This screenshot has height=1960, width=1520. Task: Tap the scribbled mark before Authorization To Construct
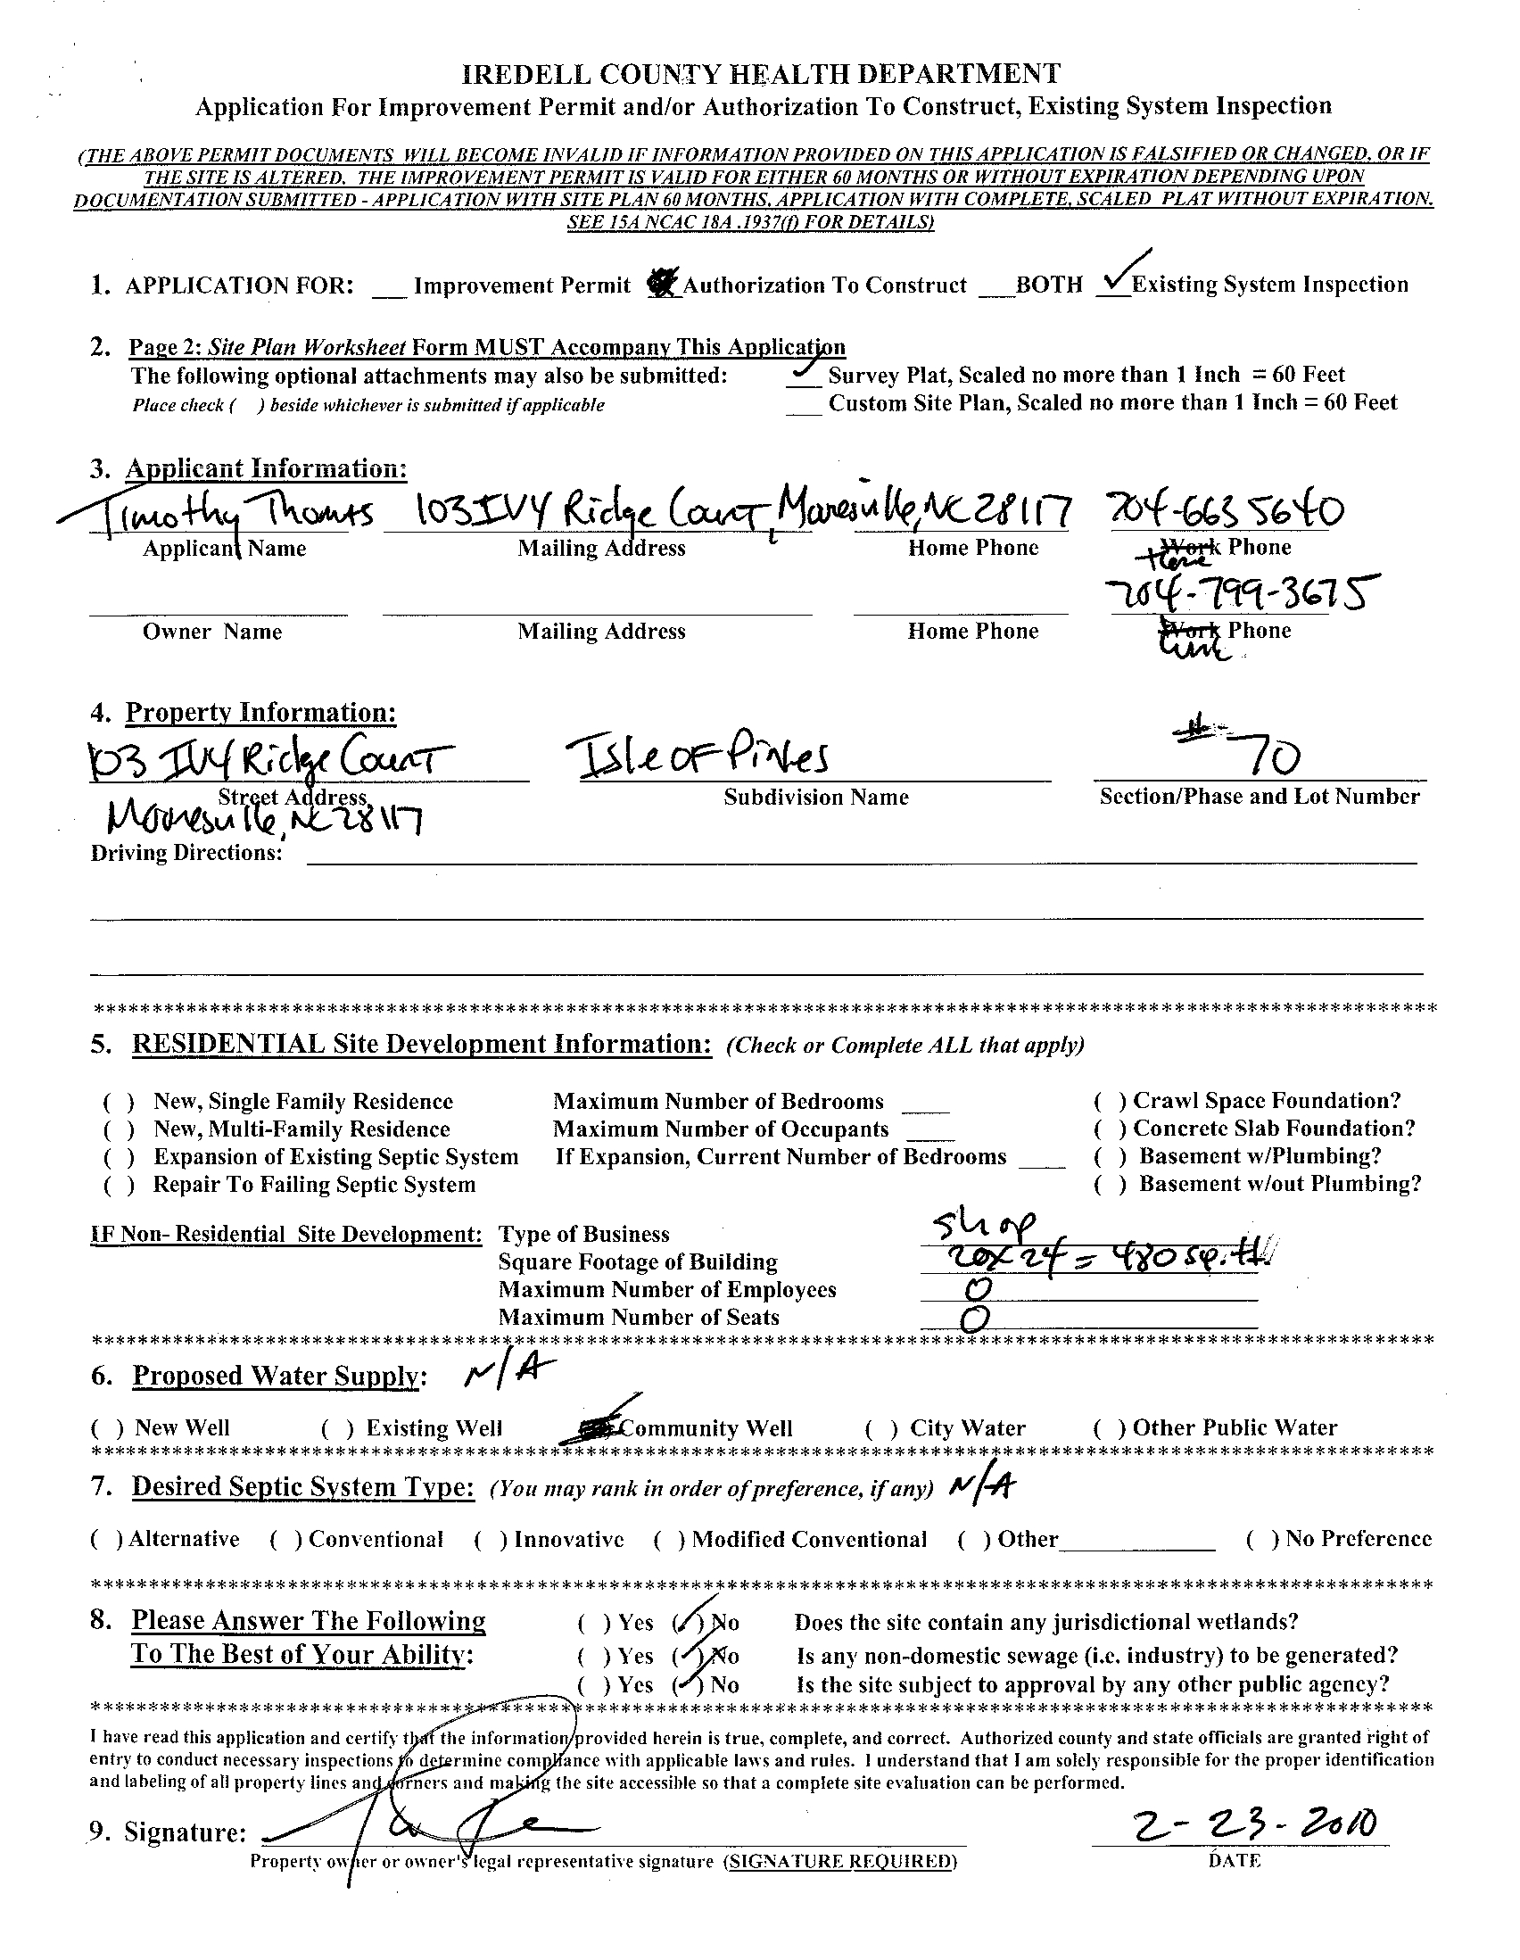(663, 284)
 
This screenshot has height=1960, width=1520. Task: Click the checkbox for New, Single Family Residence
(120, 1102)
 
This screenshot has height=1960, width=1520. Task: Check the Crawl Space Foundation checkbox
(1109, 1101)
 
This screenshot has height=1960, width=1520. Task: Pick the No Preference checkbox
(1261, 1540)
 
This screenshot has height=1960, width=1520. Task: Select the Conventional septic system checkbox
(286, 1540)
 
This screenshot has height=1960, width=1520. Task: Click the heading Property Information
(260, 713)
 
